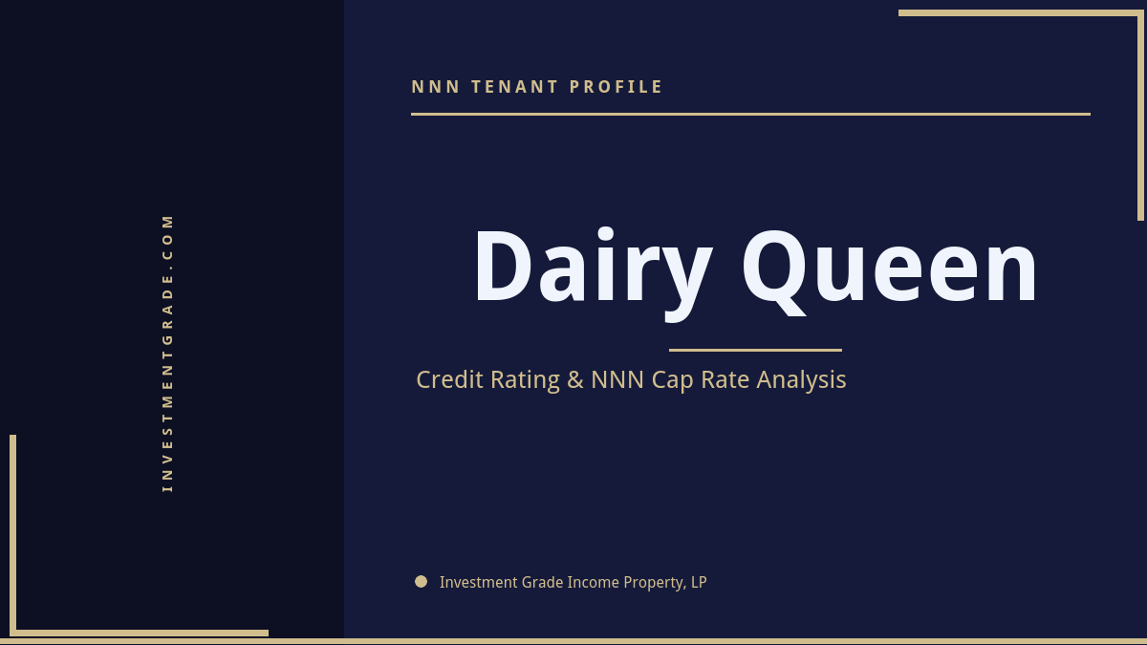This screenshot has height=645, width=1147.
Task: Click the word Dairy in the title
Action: click(593, 268)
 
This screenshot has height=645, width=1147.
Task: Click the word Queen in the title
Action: click(889, 268)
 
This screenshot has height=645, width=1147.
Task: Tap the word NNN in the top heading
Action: click(436, 87)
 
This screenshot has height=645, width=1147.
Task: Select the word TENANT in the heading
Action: click(515, 87)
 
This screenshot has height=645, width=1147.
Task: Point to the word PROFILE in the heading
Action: click(617, 87)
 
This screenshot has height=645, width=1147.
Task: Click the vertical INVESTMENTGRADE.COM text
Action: click(167, 352)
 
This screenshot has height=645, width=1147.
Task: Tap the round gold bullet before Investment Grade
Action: click(421, 581)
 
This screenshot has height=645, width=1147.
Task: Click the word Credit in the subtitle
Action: click(450, 379)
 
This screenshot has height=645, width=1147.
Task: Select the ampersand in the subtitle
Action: click(574, 379)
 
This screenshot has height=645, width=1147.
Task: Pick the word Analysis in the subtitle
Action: click(801, 379)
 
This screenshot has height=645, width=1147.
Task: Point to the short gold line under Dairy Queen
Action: click(755, 350)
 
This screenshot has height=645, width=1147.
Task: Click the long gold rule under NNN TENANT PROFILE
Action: click(750, 114)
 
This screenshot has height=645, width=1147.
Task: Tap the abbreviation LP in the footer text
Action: click(698, 582)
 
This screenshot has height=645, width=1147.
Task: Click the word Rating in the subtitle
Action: click(525, 380)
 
